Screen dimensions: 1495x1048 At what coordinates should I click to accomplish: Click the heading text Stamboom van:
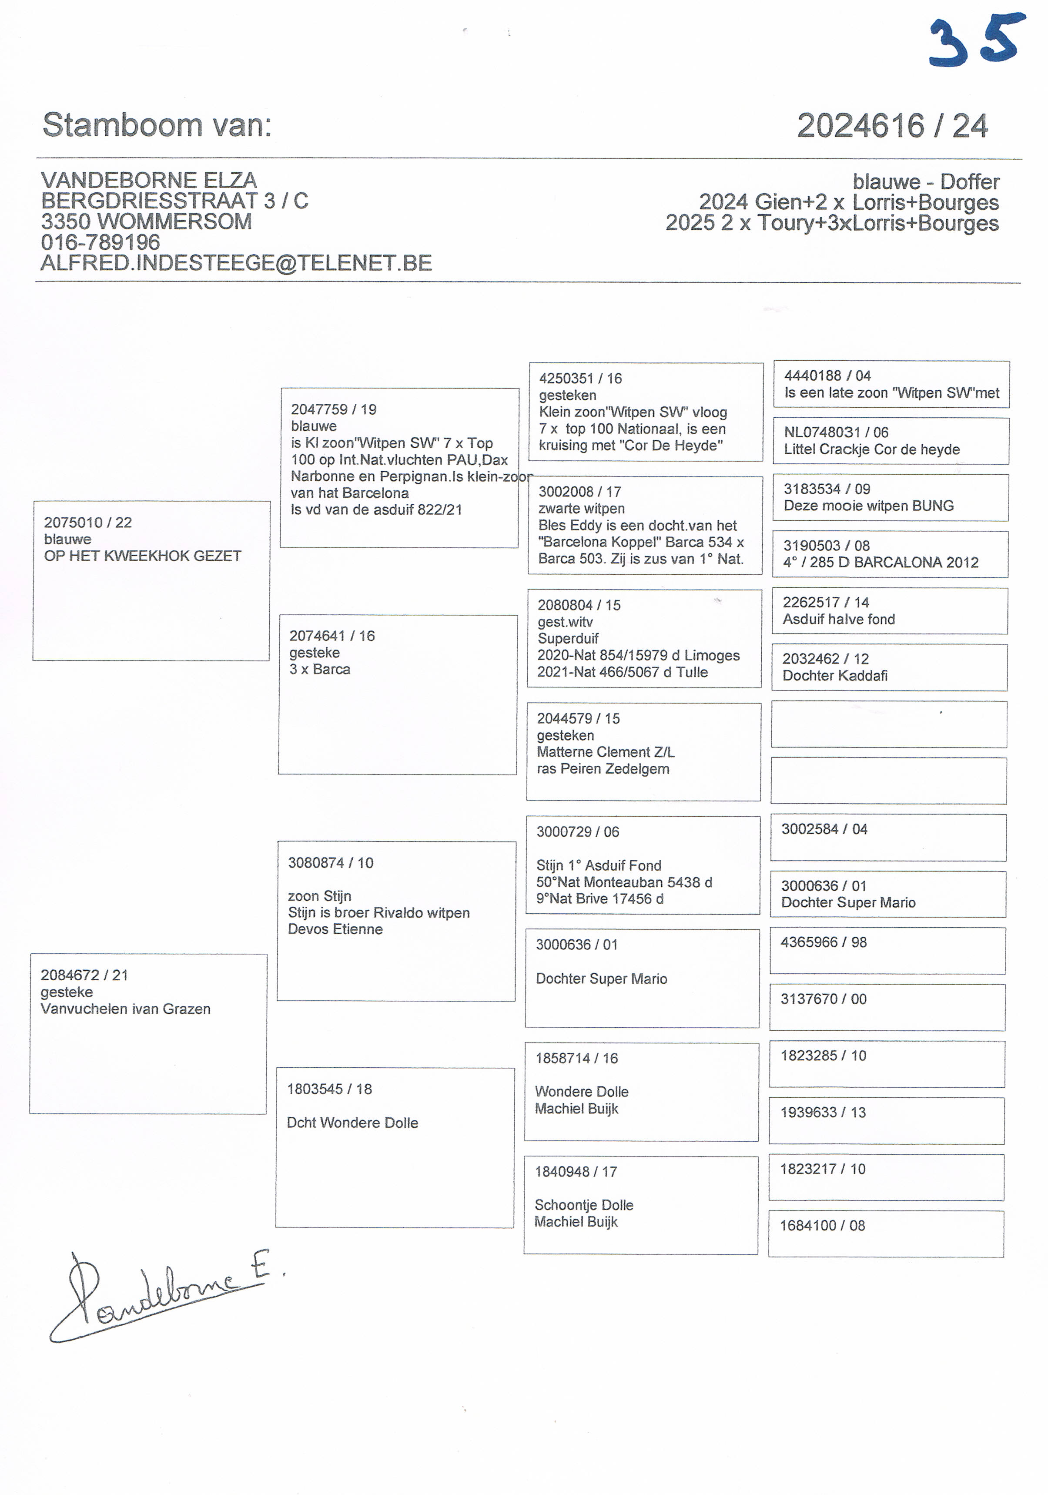tap(157, 124)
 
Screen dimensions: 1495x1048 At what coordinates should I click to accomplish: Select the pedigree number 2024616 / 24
tap(892, 126)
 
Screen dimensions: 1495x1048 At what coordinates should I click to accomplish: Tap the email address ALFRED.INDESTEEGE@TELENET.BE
tap(236, 263)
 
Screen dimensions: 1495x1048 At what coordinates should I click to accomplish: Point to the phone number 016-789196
tap(100, 242)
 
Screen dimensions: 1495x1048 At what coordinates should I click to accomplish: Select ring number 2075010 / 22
tap(88, 522)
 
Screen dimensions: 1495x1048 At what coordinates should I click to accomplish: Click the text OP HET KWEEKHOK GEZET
tap(143, 556)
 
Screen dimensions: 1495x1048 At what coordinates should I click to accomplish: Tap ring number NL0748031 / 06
tap(836, 432)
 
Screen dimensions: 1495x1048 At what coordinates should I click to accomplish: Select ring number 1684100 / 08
tap(822, 1225)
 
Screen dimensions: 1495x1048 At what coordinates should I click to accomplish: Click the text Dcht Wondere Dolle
tap(352, 1123)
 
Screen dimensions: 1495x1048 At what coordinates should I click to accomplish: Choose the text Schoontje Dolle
tap(583, 1205)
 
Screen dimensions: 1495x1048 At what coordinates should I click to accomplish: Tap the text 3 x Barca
tap(320, 669)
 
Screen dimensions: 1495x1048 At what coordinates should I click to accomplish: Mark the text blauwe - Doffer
tap(926, 182)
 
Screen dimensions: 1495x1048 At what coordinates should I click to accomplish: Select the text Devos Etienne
tap(335, 929)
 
